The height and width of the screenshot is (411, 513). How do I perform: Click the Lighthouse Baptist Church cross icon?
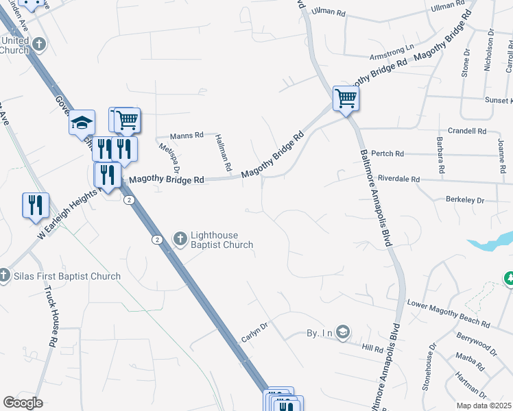(180, 239)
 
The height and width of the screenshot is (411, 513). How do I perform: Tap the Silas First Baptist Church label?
(67, 277)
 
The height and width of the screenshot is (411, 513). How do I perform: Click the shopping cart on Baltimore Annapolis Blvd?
(345, 98)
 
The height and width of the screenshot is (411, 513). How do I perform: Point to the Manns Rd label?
(187, 135)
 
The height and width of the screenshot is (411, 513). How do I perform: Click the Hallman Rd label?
(222, 153)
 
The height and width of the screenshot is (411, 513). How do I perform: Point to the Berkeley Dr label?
(465, 201)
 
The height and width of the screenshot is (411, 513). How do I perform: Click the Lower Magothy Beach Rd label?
(449, 313)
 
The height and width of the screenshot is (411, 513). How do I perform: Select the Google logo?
(23, 403)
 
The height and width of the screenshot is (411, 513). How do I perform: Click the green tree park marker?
(510, 278)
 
